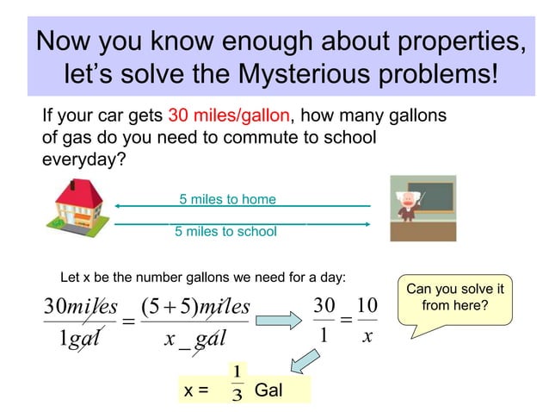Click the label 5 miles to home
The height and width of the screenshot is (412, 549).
[x=227, y=199]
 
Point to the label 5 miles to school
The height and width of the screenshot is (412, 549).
[x=225, y=231]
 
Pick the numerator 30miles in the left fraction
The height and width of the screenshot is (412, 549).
[x=81, y=306]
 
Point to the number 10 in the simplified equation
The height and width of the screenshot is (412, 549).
[x=367, y=305]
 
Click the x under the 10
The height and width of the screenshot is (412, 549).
[x=367, y=338]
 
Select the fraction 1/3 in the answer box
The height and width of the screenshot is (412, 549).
[x=237, y=384]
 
